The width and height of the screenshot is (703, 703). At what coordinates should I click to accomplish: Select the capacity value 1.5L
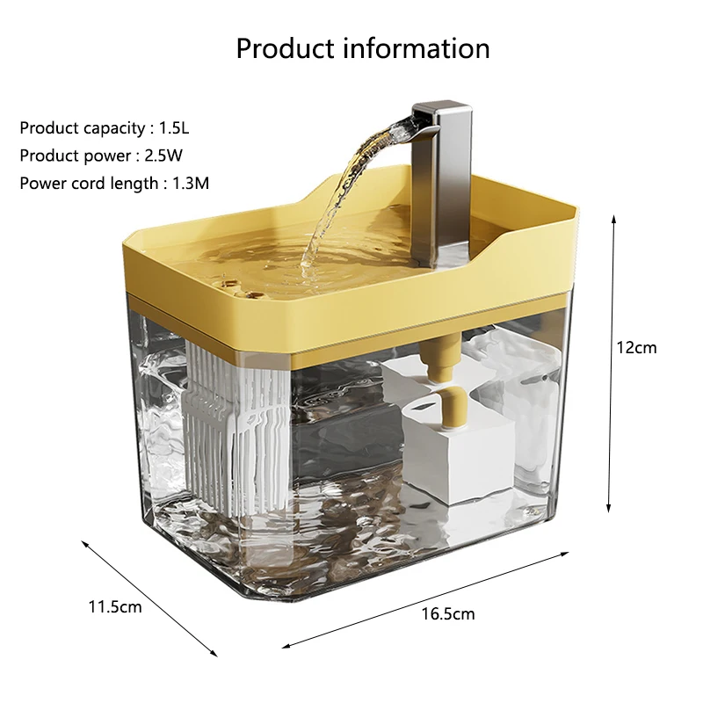173,128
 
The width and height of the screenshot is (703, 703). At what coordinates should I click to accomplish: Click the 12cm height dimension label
635,347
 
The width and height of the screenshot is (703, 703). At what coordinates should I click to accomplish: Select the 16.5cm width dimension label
448,613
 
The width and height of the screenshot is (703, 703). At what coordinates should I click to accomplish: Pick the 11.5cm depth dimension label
114,606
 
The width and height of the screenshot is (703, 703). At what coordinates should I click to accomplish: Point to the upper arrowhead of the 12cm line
612,217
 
